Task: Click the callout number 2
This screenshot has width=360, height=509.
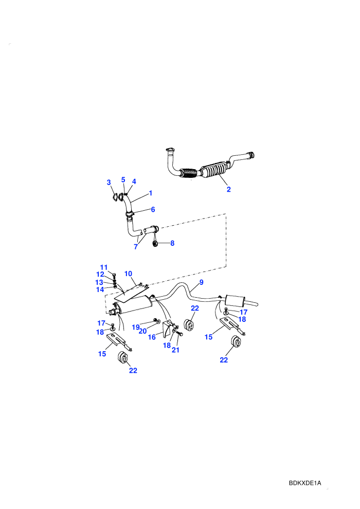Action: [x=228, y=189]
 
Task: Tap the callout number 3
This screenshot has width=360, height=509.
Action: [x=109, y=183]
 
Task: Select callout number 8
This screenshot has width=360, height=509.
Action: [x=172, y=243]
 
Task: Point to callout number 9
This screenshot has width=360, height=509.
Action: [x=201, y=282]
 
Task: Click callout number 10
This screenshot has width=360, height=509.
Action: [x=128, y=274]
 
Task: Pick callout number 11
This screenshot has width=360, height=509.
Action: [x=104, y=267]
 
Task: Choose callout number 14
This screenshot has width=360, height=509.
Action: [x=100, y=289]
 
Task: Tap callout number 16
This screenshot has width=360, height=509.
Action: [x=152, y=337]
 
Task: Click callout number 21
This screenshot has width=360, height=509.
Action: [x=175, y=350]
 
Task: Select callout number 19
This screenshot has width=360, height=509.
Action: [x=135, y=327]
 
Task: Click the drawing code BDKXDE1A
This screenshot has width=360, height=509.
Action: [x=305, y=483]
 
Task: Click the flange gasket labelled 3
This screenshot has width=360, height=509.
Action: [x=115, y=197]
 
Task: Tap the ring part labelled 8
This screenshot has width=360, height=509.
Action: [x=155, y=243]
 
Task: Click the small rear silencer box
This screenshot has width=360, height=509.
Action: [x=235, y=300]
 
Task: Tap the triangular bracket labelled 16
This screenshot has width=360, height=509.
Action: [x=167, y=329]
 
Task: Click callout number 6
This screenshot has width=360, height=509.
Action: [x=153, y=210]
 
